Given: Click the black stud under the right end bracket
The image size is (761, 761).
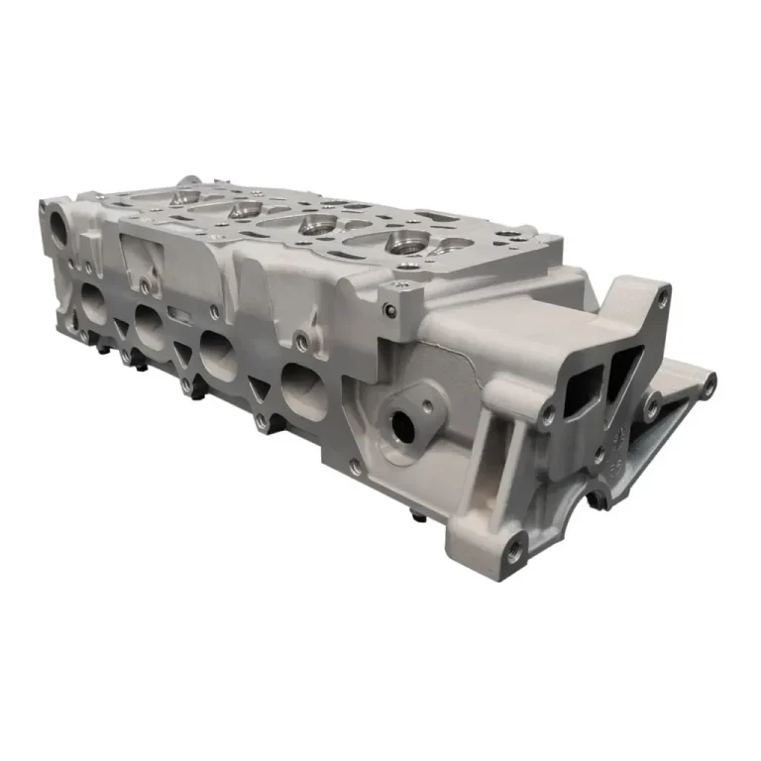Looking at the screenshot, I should coord(598,499).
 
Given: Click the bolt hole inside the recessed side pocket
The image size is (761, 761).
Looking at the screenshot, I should coord(146,286).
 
